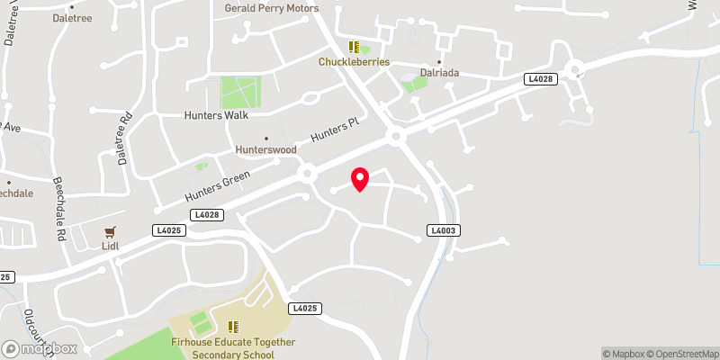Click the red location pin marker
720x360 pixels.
click(x=360, y=179)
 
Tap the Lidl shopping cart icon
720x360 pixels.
click(x=111, y=232)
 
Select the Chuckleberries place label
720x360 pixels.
click(x=354, y=62)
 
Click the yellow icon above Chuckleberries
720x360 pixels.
click(x=354, y=47)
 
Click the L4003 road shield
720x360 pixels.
click(x=445, y=231)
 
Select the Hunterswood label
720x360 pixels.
click(x=265, y=149)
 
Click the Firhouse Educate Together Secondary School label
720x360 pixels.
click(x=232, y=348)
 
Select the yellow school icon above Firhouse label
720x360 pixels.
click(x=233, y=327)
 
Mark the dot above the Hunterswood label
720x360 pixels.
click(x=265, y=138)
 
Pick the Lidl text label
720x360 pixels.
click(x=111, y=245)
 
